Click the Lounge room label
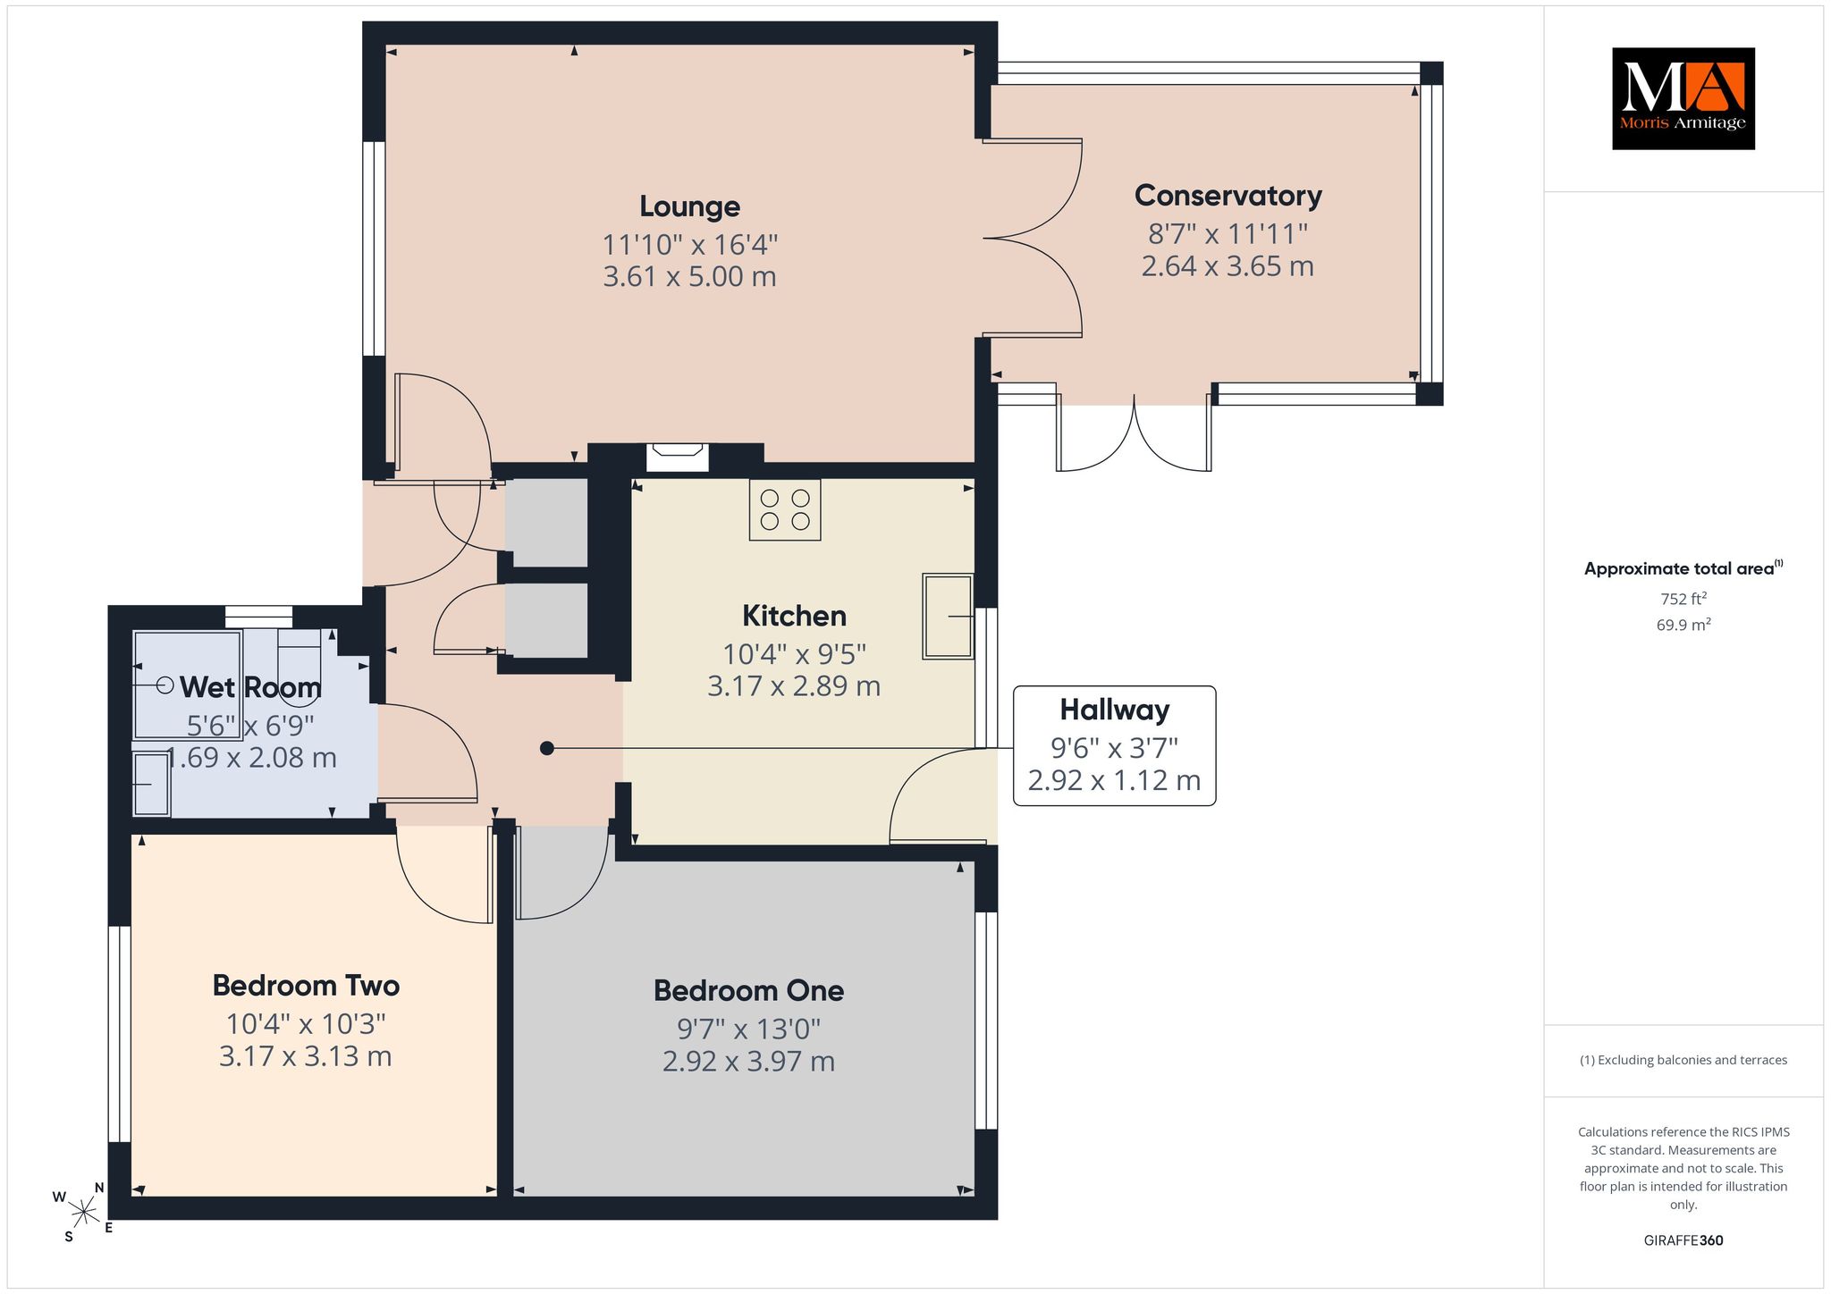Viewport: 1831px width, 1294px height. click(689, 207)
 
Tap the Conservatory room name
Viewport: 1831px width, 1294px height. click(1228, 196)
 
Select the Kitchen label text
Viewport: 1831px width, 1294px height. click(794, 616)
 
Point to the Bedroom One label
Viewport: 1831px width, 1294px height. click(748, 990)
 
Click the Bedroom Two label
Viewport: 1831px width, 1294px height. click(306, 986)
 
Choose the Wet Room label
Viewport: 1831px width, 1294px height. click(250, 687)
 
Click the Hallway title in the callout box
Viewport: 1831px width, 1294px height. click(1114, 710)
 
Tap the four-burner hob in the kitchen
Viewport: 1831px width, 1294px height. click(785, 510)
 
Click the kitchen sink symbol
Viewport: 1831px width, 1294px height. click(948, 617)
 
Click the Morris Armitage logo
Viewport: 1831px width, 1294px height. click(1683, 98)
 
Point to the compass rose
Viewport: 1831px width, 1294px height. click(83, 1212)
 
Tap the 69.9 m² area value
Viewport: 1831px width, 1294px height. click(1683, 625)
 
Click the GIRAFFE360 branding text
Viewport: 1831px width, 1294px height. click(1683, 1240)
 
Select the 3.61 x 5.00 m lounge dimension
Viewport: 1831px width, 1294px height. click(689, 277)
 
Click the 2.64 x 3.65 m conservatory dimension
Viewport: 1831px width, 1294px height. click(1228, 266)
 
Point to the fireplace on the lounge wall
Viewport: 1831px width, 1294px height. click(678, 457)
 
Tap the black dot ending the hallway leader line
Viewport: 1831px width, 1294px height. click(547, 748)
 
